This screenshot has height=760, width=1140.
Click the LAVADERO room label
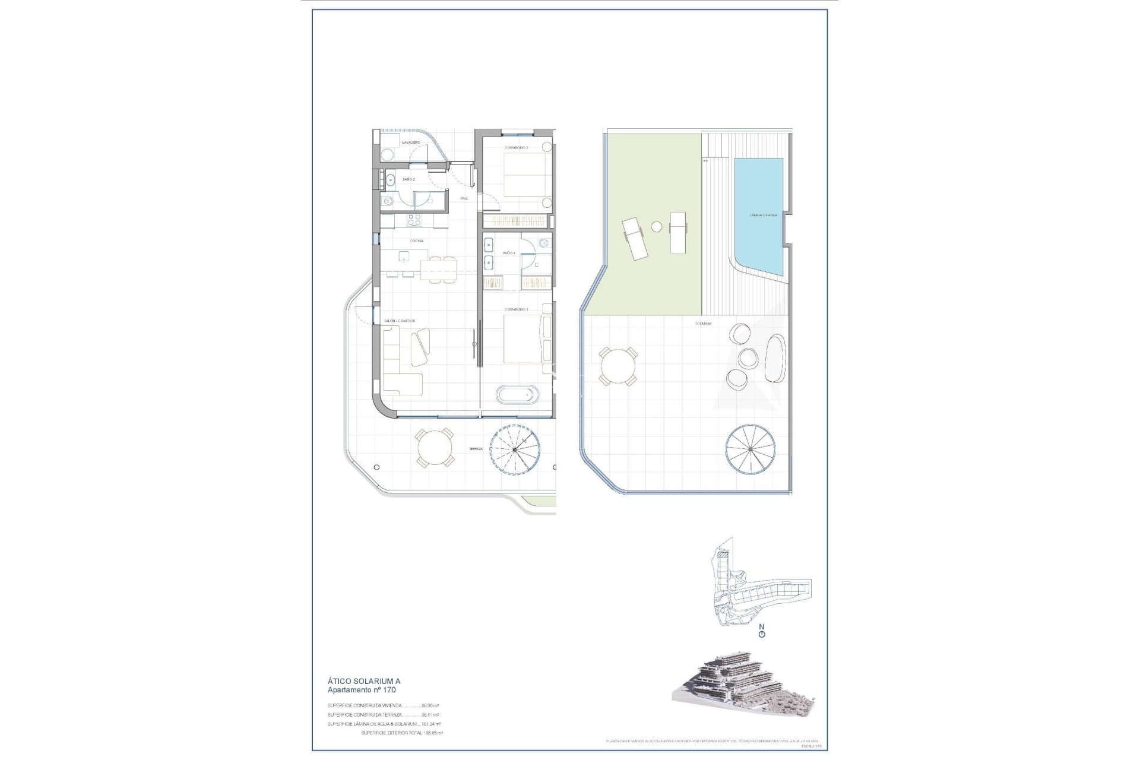(411, 142)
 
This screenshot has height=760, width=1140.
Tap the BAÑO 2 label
(408, 179)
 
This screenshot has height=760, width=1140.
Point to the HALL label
(464, 198)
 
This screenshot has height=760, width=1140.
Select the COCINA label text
(417, 241)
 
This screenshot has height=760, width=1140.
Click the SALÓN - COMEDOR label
(399, 321)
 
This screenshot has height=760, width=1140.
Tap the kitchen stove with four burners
(414, 220)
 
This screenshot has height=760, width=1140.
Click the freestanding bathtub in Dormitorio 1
(518, 395)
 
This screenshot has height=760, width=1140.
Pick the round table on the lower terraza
(434, 448)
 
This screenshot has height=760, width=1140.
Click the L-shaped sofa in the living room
(402, 368)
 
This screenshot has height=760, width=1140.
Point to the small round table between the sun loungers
(657, 226)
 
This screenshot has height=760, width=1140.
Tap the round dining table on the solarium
(617, 367)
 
